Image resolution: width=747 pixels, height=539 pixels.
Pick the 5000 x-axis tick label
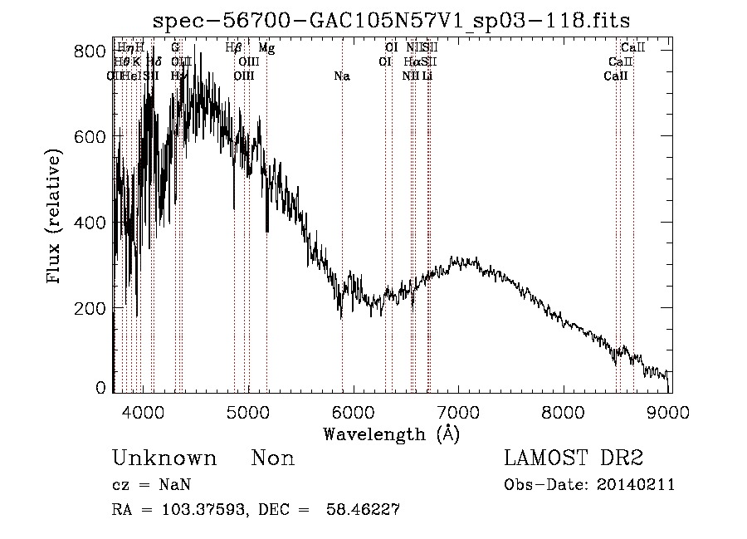point(247,409)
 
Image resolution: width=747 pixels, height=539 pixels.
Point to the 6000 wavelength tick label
point(353,409)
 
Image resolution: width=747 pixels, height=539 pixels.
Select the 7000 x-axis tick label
point(459,409)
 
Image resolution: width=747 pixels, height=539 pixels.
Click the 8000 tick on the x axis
point(564,409)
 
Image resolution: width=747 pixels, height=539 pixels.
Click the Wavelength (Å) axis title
point(391,434)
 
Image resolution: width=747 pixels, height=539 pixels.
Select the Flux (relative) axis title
point(56,218)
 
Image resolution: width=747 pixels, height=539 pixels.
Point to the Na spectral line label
point(341,76)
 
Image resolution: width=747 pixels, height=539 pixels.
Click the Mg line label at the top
point(266,48)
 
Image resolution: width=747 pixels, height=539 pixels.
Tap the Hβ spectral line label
point(233,48)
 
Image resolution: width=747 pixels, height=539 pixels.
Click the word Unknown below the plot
point(164,458)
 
